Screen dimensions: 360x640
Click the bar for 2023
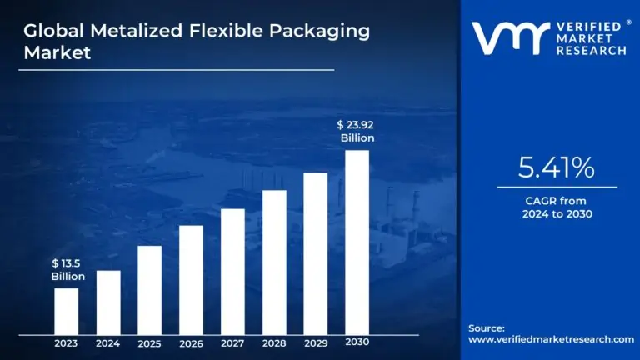click(x=67, y=311)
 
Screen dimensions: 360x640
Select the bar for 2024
click(x=108, y=302)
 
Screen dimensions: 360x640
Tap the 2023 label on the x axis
click(x=67, y=342)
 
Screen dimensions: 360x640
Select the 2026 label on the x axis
click(x=191, y=342)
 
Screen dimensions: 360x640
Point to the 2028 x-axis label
click(x=274, y=342)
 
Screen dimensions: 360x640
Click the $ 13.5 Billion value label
click(x=67, y=270)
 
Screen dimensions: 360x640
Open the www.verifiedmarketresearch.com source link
click(x=551, y=339)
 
